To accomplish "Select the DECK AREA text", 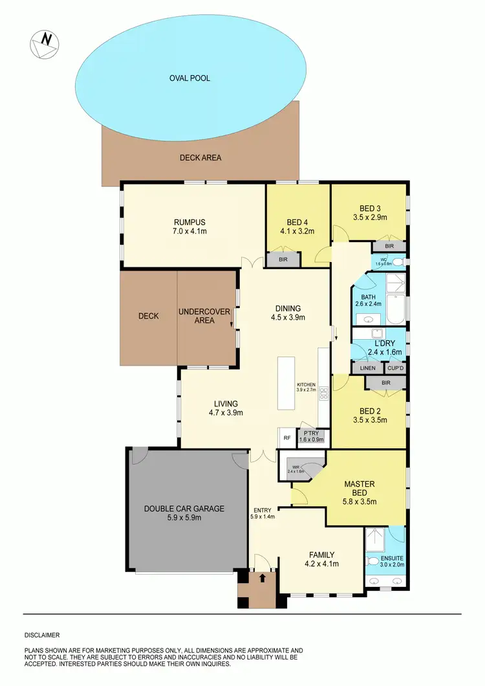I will [200, 157].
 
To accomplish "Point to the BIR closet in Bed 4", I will [283, 260].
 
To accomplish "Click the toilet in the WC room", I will [398, 262].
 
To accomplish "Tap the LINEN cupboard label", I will [367, 368].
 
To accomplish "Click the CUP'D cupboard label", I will [394, 368].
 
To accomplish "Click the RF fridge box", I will [286, 437].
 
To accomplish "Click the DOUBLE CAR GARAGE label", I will [184, 509].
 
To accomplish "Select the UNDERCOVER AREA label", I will [204, 316].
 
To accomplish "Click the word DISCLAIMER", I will [42, 636].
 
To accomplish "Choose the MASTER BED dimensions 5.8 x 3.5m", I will [368, 501].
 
